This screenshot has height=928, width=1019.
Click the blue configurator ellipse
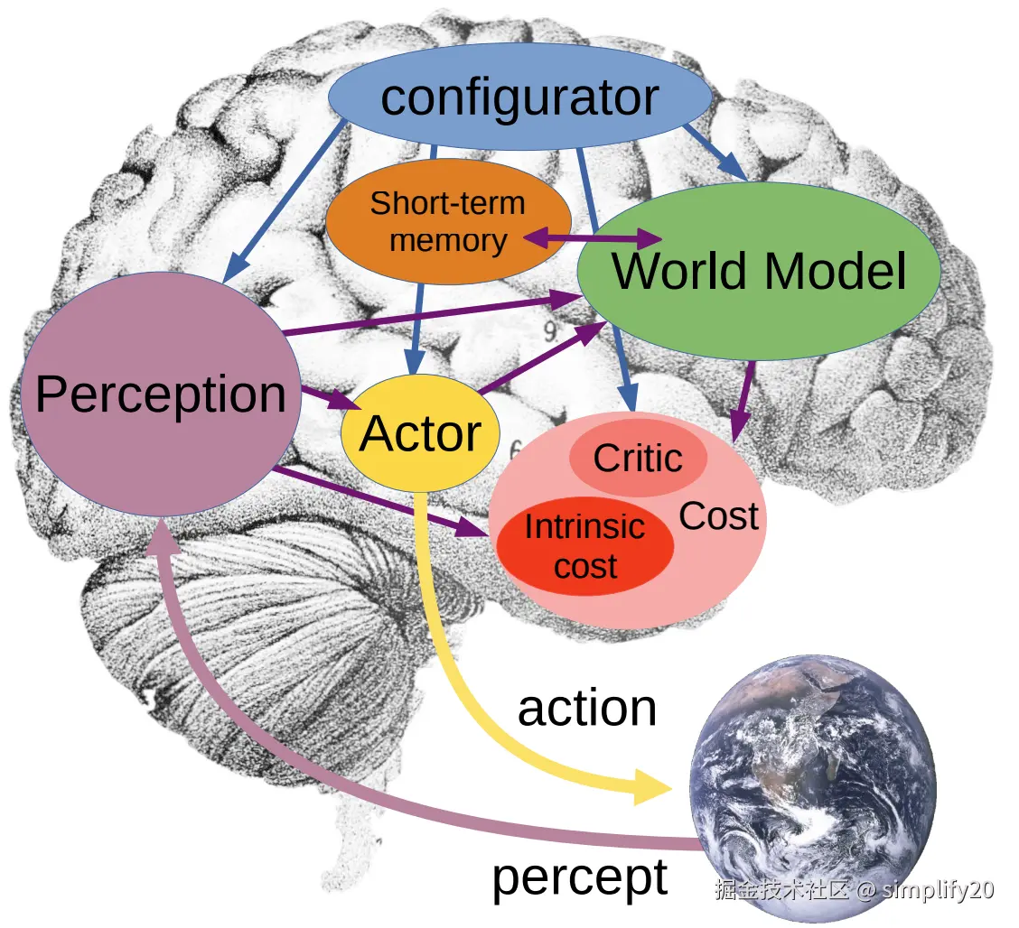(519, 97)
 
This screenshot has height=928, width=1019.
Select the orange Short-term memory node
(447, 221)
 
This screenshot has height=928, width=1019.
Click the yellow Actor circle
(420, 433)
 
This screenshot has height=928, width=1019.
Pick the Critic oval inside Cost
(638, 458)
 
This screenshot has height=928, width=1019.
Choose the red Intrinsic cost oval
(585, 547)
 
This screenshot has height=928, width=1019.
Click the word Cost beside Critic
(718, 516)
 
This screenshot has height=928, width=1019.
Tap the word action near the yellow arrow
(586, 709)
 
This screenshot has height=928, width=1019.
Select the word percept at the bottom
(579, 877)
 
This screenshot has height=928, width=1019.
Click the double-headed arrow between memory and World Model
(593, 239)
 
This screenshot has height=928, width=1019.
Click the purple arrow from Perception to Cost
(379, 501)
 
